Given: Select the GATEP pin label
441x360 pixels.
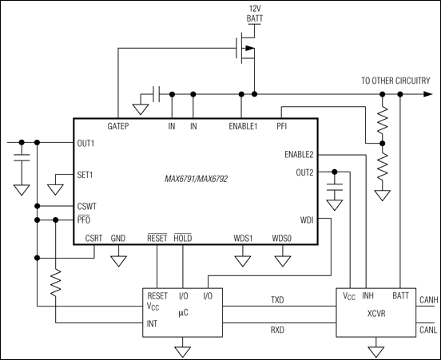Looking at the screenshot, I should coord(119,126).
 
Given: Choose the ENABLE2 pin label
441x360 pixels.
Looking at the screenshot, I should coord(298,154).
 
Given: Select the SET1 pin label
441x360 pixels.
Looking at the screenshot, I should coord(85,173).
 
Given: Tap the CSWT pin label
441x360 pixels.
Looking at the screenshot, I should coord(88,205).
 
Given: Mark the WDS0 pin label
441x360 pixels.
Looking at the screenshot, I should coord(282,239).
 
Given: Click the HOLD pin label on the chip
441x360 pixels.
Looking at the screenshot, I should coord(183,239).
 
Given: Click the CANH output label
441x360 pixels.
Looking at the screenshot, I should coord(428,296).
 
